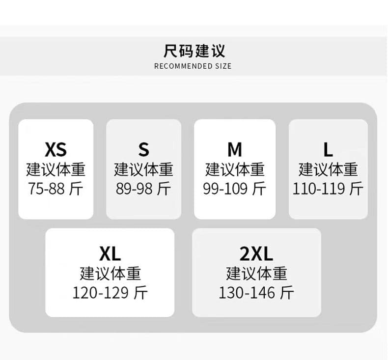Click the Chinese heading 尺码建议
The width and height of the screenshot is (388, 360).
tap(194, 51)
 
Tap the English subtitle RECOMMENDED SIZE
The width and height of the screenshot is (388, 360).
tap(193, 66)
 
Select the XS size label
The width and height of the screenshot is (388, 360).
tap(55, 149)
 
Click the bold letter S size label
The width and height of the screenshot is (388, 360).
tap(144, 149)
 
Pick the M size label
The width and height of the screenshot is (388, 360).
tap(235, 149)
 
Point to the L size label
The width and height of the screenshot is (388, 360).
tap(328, 149)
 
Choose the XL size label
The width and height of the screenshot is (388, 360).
tap(110, 253)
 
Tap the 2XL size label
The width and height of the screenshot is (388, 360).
tap(256, 253)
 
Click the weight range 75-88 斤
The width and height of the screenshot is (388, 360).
tap(55, 189)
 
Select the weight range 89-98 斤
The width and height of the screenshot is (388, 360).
tap(143, 189)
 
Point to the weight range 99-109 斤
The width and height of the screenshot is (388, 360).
tap(235, 189)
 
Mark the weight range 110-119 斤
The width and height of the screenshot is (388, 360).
tap(328, 189)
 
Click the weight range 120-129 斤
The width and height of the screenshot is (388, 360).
tap(110, 293)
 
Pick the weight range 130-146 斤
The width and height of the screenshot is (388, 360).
tap(256, 293)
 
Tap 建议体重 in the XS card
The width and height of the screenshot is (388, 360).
tap(55, 169)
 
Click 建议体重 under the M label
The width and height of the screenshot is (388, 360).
tap(235, 169)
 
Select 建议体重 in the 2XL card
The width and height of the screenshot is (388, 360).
tap(256, 274)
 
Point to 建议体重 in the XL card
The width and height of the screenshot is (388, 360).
tap(111, 274)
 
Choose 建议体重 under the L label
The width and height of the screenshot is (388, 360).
tap(328, 169)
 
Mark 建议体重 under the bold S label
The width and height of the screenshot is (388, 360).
tap(143, 169)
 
